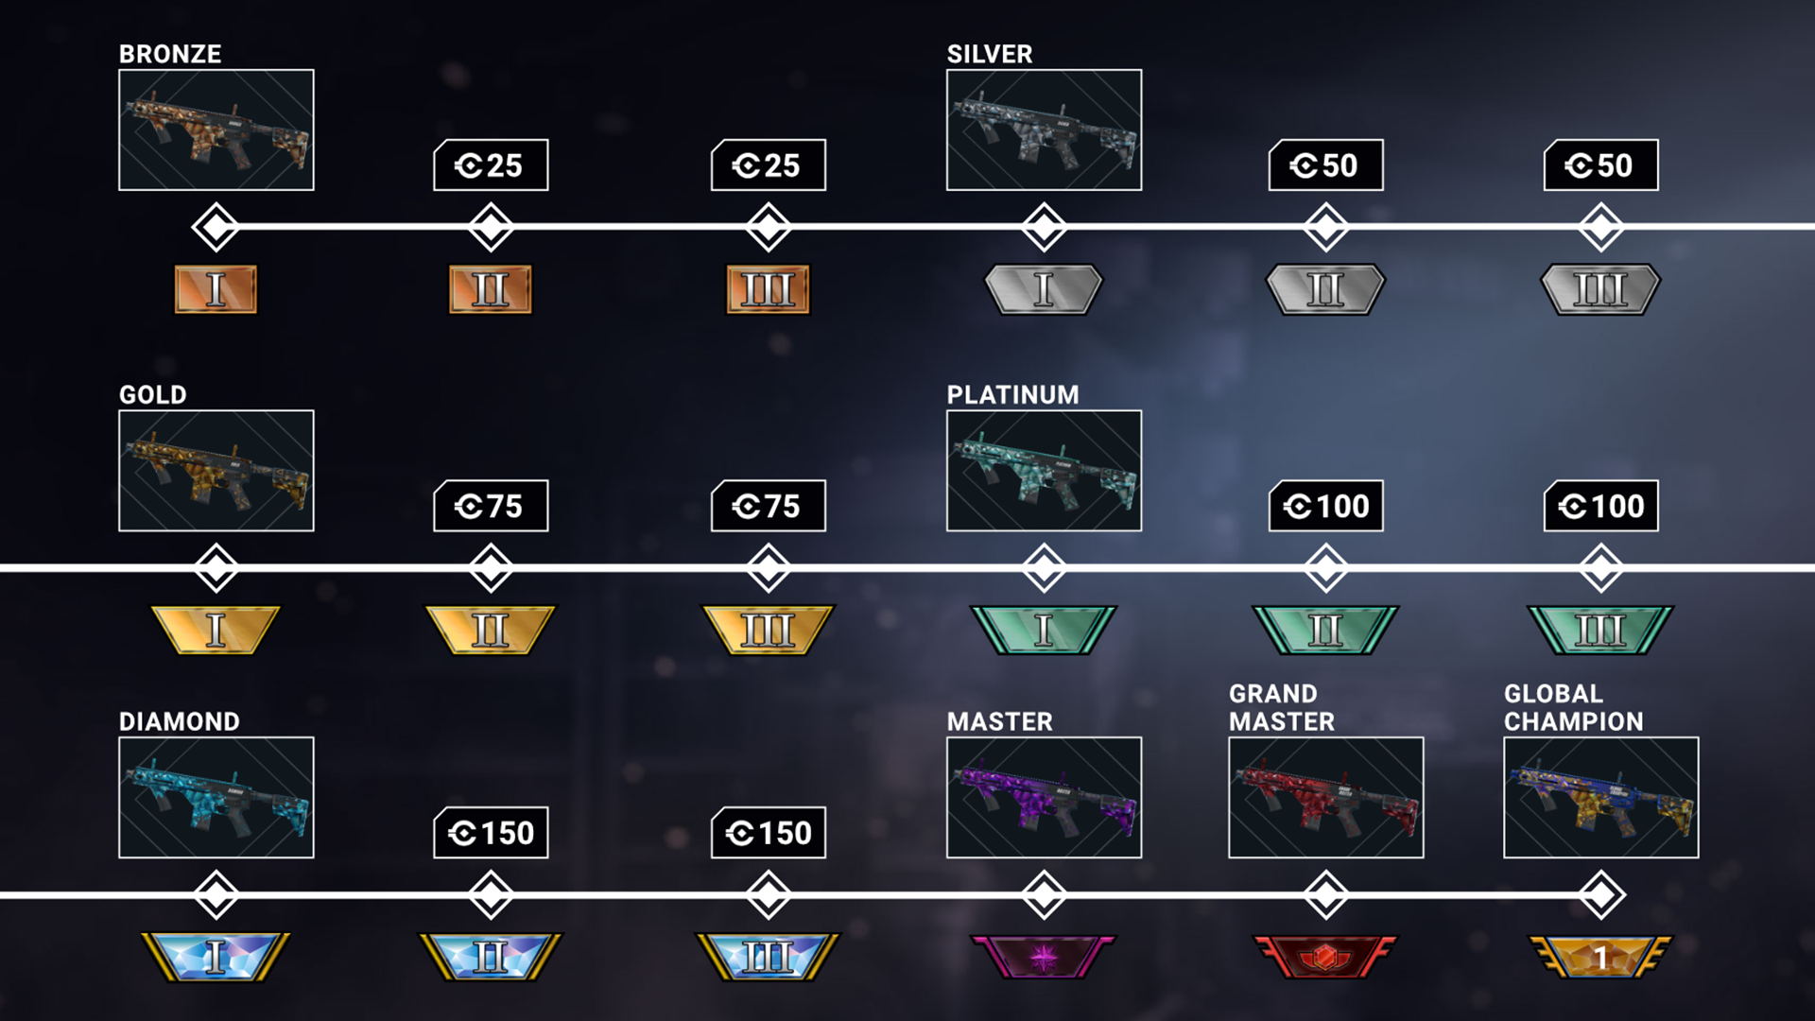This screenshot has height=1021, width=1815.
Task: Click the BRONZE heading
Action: (x=170, y=54)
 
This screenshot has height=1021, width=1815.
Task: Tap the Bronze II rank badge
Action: (x=490, y=289)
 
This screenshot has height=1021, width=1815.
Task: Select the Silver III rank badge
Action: (x=1600, y=289)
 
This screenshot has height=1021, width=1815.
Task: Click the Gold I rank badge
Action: (x=216, y=630)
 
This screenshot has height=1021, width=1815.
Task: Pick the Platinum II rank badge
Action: (x=1325, y=630)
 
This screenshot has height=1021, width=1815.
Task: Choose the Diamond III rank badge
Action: (x=768, y=957)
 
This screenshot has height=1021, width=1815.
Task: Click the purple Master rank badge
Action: (x=1044, y=958)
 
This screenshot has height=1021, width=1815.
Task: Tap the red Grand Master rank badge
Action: (x=1325, y=958)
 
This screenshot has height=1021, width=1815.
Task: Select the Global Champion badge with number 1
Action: (x=1600, y=958)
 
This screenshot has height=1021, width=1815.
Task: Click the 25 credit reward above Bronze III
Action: (x=769, y=165)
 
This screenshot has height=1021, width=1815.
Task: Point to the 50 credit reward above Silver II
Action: (x=1325, y=165)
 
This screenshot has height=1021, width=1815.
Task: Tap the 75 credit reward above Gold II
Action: (x=491, y=506)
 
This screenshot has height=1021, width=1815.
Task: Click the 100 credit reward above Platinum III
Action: (x=1601, y=506)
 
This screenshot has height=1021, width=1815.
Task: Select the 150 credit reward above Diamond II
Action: (x=491, y=833)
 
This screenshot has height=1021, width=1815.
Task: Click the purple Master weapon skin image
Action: (x=1045, y=798)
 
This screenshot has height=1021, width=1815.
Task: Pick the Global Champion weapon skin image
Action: (x=1601, y=798)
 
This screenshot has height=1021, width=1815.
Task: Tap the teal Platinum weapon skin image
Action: (x=1045, y=471)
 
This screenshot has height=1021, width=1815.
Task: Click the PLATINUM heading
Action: (x=1012, y=394)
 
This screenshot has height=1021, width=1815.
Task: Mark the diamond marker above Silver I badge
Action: (x=1045, y=227)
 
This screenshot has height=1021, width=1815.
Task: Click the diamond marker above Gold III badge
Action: (x=769, y=568)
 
